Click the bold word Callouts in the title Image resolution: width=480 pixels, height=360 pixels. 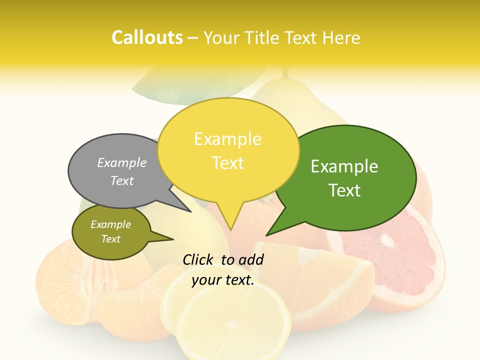click(147, 37)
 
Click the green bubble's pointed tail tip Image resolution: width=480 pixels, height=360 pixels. click(267, 234)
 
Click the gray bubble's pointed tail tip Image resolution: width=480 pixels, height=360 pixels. click(190, 211)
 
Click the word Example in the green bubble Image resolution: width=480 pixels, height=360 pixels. click(344, 166)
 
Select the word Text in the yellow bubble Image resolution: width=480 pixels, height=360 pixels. click(228, 163)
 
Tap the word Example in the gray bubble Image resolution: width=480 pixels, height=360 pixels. click(122, 162)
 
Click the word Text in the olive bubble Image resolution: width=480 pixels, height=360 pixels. click(111, 239)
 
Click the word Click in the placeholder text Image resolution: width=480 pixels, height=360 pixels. click(199, 259)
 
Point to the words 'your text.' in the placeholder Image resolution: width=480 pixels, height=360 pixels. click(223, 280)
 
